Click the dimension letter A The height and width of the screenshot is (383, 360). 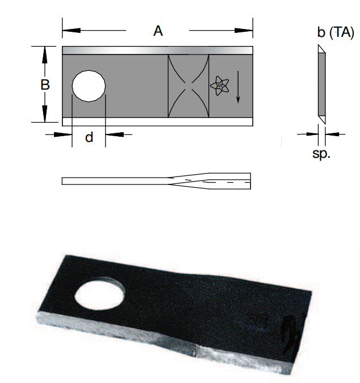point(158,31)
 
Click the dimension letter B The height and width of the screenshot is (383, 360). point(45,85)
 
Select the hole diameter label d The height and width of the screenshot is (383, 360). point(89,137)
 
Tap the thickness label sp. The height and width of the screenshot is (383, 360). point(321,154)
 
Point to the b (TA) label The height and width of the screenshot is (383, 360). point(336,32)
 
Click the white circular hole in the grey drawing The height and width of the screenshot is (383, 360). point(89,86)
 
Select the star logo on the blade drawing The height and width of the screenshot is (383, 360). point(220,86)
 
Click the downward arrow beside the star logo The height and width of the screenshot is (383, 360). point(238,87)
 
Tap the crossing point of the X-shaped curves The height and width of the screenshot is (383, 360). point(188,86)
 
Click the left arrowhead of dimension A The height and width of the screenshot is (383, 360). point(72,30)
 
